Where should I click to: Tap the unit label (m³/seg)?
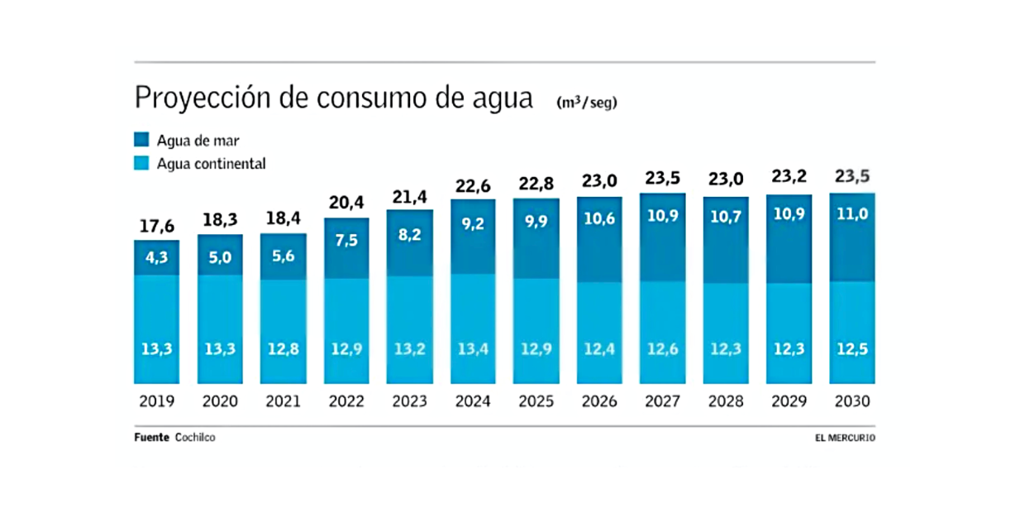(587, 103)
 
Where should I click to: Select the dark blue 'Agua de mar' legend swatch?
(141, 141)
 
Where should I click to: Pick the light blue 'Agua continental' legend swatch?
(141, 164)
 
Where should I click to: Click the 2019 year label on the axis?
(157, 401)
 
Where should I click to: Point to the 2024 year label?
(473, 401)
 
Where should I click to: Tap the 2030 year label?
(852, 401)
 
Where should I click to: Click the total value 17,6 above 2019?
(157, 226)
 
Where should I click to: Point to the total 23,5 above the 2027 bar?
(662, 179)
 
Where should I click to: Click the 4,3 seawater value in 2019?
(157, 257)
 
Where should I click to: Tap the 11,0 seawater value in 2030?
(852, 214)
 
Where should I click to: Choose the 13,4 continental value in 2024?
(473, 348)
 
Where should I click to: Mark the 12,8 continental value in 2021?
(283, 348)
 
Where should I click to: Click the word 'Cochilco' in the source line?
(195, 438)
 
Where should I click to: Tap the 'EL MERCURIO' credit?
(845, 438)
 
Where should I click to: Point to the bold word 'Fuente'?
(152, 438)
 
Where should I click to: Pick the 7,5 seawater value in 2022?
(346, 240)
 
